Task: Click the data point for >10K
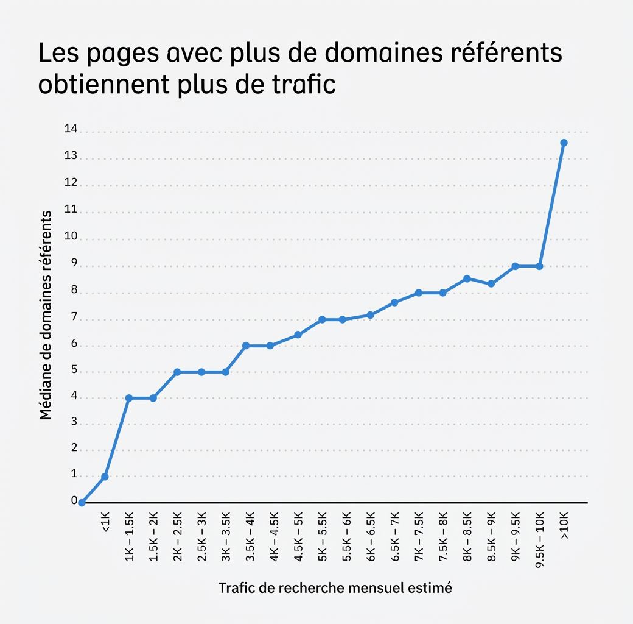564,143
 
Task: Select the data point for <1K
105,477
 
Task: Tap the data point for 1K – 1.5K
128,398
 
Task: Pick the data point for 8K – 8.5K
467,278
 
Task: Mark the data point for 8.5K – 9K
491,284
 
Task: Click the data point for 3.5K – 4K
246,346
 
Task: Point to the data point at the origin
82,503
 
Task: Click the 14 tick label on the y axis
71,129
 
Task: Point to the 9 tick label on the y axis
74,264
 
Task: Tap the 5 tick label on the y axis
74,370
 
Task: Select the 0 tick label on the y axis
74,500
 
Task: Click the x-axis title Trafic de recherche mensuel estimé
335,588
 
